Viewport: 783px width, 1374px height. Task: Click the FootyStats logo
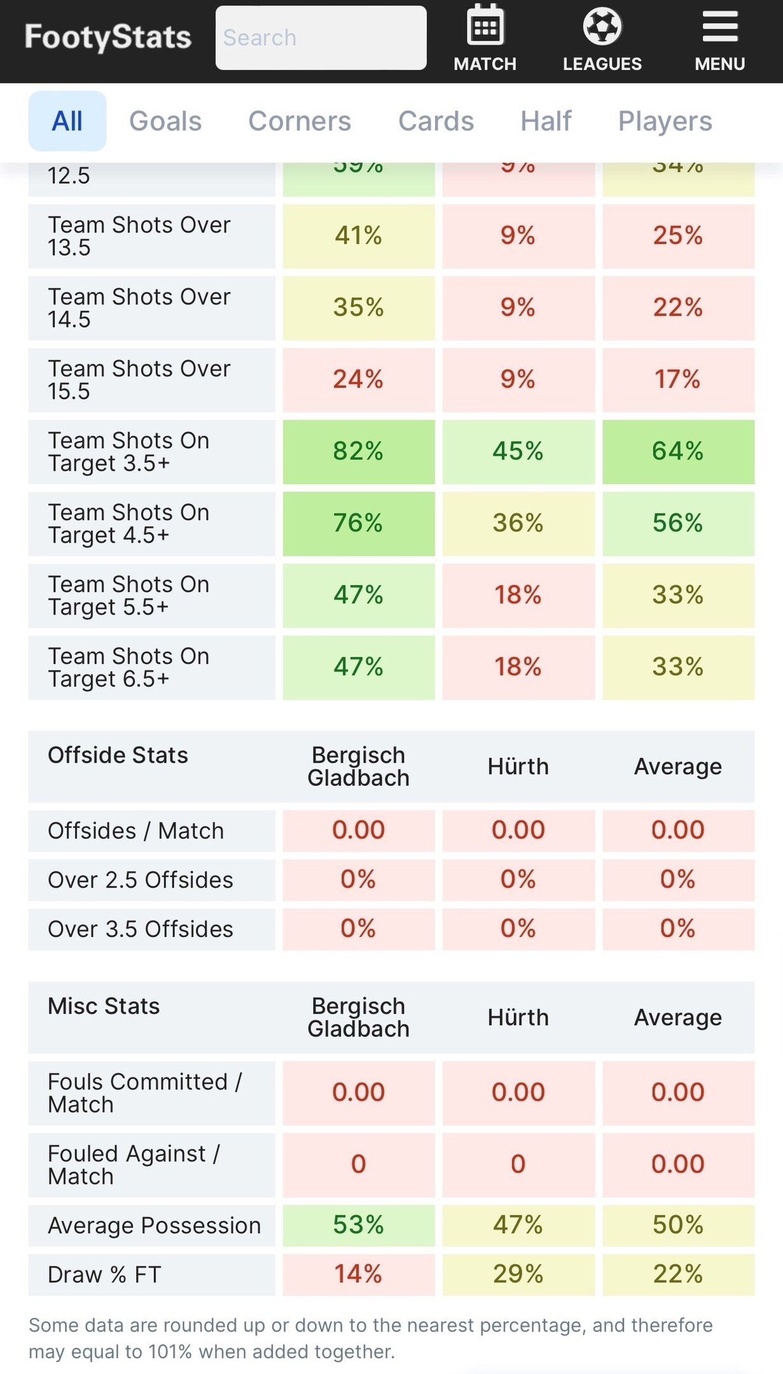click(x=107, y=38)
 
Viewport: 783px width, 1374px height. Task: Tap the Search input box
click(x=321, y=38)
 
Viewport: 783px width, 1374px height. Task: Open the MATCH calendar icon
click(x=485, y=27)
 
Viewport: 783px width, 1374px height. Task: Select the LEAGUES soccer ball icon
click(x=602, y=27)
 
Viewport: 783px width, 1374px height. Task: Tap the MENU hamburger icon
click(x=719, y=27)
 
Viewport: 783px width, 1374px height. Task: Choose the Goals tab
click(x=165, y=121)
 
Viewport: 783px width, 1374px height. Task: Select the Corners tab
click(x=300, y=121)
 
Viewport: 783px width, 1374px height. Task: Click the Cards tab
click(x=436, y=121)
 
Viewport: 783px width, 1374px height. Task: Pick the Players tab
click(x=665, y=121)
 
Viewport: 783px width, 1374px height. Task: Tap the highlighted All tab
click(x=67, y=121)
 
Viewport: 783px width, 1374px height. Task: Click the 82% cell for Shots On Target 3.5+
click(x=358, y=451)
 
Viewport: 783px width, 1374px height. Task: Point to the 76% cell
click(x=358, y=523)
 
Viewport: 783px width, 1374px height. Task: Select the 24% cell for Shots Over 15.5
click(x=358, y=379)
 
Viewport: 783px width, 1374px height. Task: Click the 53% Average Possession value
click(x=358, y=1225)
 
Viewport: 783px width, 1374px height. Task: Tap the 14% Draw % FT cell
click(x=358, y=1274)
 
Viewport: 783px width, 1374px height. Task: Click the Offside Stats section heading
click(x=118, y=755)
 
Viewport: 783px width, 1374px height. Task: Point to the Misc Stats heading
click(x=104, y=1006)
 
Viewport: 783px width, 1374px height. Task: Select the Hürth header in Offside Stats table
click(x=518, y=767)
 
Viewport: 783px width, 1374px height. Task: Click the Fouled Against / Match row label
click(x=134, y=1164)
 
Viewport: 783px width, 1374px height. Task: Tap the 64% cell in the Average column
click(x=677, y=451)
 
